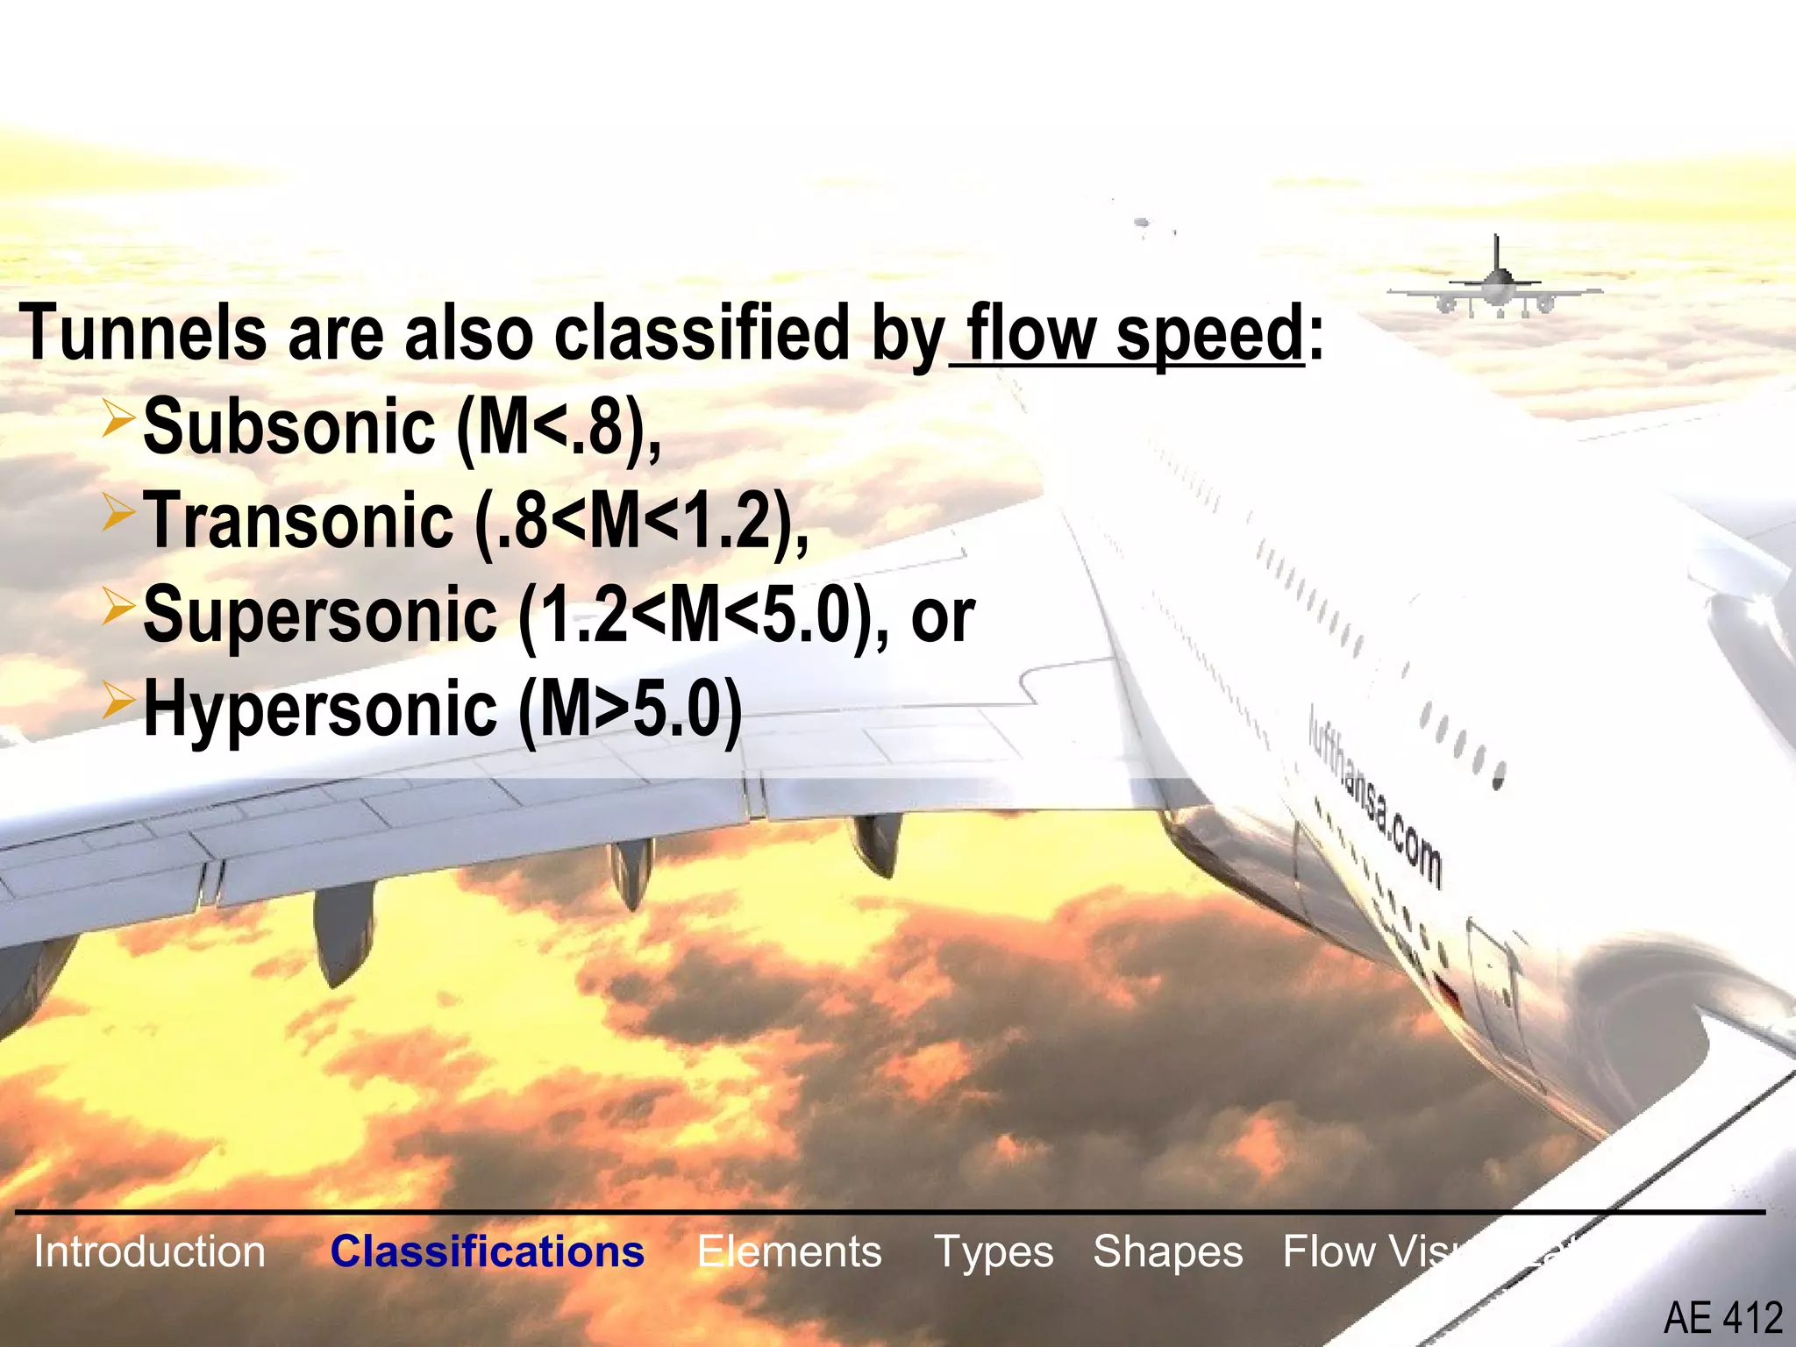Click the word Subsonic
coord(289,426)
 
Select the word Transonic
coord(298,521)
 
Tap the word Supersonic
coord(320,616)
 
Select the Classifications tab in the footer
coord(487,1251)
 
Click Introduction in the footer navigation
coord(149,1251)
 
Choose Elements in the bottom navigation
coord(789,1251)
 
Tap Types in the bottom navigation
coord(994,1251)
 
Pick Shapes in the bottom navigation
coord(1167,1251)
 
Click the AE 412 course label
coord(1722,1318)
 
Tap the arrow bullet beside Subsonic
coord(118,417)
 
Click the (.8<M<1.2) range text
coord(640,523)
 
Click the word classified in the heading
coord(702,333)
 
